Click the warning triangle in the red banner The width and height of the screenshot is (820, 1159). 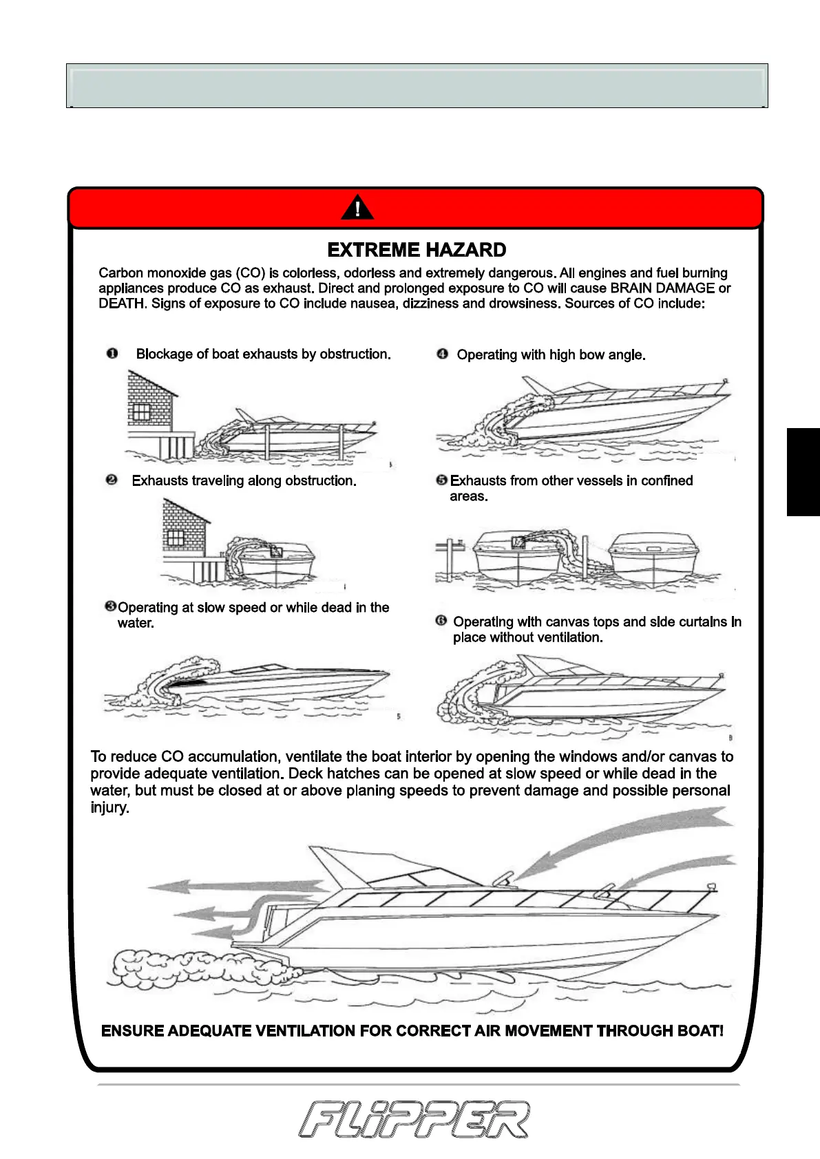[x=357, y=208]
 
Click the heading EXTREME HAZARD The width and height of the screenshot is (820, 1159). [x=417, y=250]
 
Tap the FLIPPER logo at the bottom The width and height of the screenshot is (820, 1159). [x=414, y=1119]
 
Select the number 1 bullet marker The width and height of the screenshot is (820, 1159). [x=112, y=354]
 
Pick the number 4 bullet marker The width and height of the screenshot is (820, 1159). [x=443, y=354]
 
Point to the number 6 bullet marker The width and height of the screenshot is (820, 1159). [x=441, y=621]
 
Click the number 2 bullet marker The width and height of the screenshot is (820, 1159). [x=112, y=480]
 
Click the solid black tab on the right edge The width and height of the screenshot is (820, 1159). [x=803, y=471]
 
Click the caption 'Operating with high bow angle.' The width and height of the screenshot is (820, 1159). [x=551, y=355]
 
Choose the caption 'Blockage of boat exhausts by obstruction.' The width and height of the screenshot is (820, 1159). [x=263, y=354]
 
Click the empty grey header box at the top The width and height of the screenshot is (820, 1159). [x=417, y=86]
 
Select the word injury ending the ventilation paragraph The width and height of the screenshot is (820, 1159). [x=109, y=807]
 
